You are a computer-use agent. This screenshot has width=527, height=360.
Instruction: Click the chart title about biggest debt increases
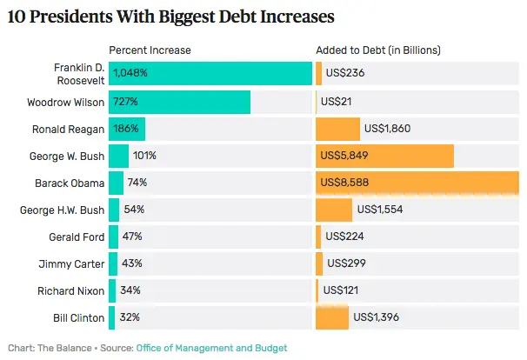(x=170, y=17)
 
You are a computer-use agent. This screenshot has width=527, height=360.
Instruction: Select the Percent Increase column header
(x=150, y=50)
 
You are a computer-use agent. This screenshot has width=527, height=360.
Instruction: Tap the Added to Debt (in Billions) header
(x=378, y=50)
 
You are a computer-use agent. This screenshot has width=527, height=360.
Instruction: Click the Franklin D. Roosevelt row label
(x=76, y=73)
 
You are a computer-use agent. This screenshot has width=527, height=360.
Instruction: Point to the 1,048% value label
(x=130, y=73)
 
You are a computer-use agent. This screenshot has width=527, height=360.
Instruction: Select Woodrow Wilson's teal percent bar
(x=179, y=103)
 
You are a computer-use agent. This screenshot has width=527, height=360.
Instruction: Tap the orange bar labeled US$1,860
(x=337, y=130)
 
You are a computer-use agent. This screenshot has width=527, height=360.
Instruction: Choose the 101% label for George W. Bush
(x=144, y=157)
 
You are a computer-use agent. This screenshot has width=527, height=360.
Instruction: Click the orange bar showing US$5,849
(x=384, y=157)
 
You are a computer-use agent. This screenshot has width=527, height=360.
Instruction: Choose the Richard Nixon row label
(x=71, y=290)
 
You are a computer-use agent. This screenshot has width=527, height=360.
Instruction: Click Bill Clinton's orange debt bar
(x=332, y=317)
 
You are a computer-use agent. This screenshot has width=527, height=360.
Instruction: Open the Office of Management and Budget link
(x=211, y=348)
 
